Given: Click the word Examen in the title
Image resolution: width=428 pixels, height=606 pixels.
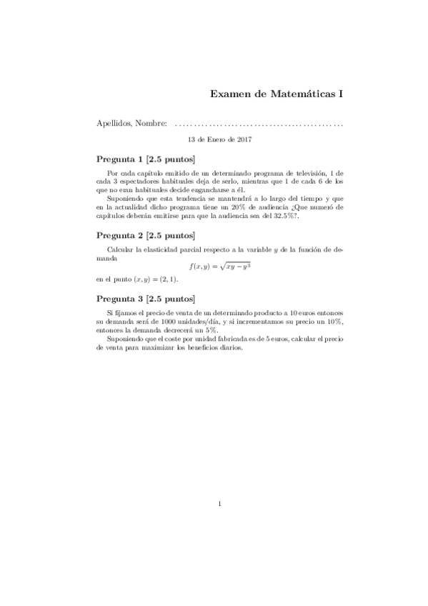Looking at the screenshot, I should [x=230, y=94].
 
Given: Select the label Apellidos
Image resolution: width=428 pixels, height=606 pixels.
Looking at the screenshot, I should [x=114, y=124].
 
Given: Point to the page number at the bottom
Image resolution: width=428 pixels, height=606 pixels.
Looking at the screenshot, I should [x=219, y=504].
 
